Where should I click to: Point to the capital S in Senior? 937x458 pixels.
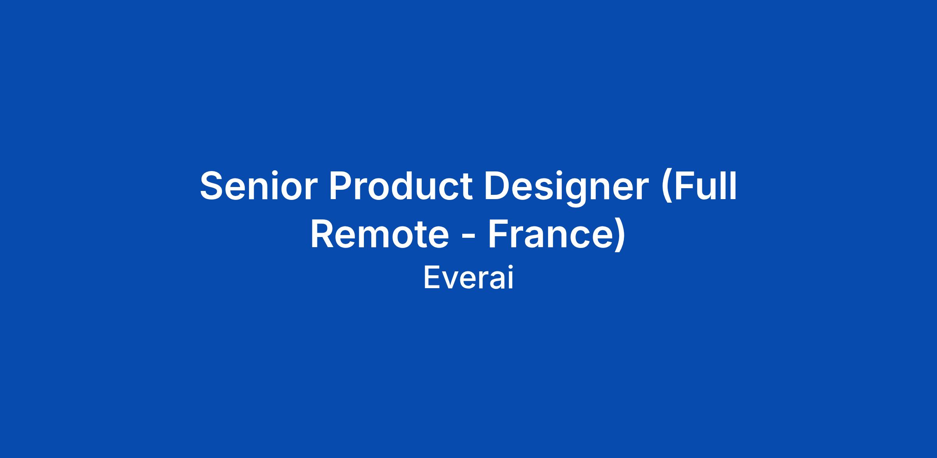(213, 186)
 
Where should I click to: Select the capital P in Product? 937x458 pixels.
(342, 186)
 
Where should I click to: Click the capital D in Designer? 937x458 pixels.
(499, 186)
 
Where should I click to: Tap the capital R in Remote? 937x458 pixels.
(324, 235)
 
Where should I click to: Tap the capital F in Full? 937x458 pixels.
(684, 186)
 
